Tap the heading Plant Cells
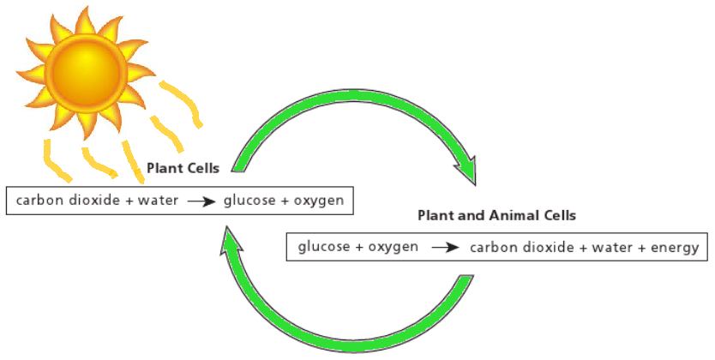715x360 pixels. point(183,169)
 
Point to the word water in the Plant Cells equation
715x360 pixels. point(159,201)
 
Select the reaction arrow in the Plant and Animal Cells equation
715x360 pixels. point(444,249)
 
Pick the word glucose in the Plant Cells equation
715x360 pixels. point(249,201)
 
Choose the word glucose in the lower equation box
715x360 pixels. point(324,248)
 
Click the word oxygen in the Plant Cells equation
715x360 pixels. point(317,201)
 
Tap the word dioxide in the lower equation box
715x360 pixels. point(543,248)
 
